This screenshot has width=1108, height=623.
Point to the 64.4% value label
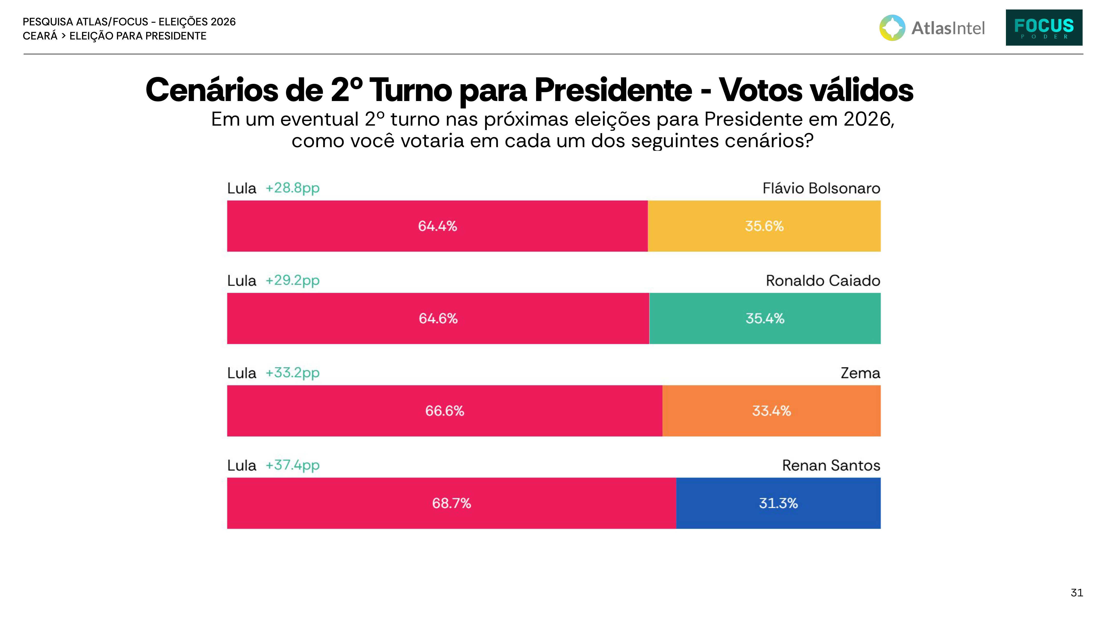coord(438,226)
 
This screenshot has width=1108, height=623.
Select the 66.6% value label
coord(445,411)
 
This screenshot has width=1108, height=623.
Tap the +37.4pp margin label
coord(292,466)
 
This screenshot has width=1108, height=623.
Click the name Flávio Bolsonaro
coord(821,188)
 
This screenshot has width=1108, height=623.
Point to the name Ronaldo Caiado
coord(823,281)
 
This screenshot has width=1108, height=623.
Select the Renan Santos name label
coord(831,466)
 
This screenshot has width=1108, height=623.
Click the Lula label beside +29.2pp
coord(242,281)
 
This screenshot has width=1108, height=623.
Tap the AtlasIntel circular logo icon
coord(892,28)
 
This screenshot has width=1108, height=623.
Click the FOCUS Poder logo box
coord(1044,27)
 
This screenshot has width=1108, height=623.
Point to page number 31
coord(1077,593)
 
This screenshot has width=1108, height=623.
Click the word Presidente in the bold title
coord(613,90)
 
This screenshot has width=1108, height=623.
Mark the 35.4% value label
coord(765,319)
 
